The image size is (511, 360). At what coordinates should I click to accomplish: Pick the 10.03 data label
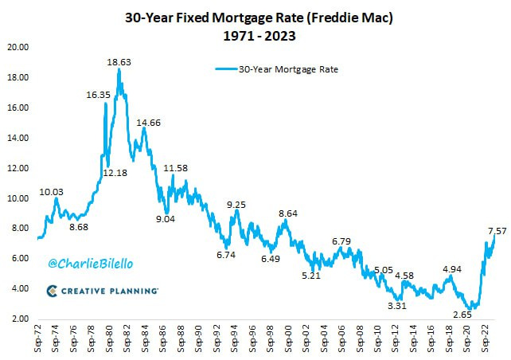coord(53,193)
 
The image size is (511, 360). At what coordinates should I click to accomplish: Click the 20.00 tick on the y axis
coord(18,48)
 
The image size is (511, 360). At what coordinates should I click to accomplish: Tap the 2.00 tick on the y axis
coord(20,319)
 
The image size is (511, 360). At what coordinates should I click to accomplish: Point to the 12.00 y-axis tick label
coord(18,168)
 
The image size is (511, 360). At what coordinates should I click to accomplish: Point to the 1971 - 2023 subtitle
coord(255,35)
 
